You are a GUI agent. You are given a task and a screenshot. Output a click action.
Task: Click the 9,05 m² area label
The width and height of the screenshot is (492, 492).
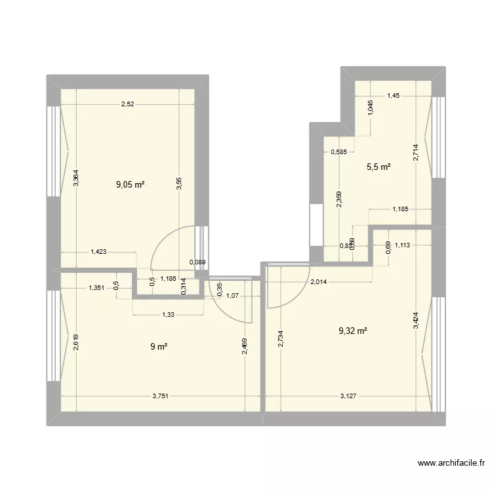tap(130, 184)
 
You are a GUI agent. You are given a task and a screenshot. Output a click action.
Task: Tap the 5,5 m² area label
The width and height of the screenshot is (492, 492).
tap(379, 167)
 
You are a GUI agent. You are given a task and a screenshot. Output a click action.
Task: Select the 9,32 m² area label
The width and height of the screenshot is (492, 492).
tap(352, 331)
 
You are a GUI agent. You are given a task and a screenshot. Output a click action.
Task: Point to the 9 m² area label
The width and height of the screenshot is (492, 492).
tap(157, 347)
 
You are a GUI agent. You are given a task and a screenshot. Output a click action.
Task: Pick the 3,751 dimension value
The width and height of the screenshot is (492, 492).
tap(161, 396)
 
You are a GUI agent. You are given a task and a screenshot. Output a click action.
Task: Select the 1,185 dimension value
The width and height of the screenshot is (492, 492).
tap(401, 210)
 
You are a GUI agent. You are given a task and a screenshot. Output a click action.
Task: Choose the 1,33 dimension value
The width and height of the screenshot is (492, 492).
tap(169, 314)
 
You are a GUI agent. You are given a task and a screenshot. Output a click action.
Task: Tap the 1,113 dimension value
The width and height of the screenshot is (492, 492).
tap(403, 246)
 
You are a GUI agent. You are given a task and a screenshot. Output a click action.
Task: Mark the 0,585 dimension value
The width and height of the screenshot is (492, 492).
tap(339, 153)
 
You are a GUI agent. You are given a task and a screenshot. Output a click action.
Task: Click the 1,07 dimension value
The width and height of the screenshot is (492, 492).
tap(232, 296)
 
